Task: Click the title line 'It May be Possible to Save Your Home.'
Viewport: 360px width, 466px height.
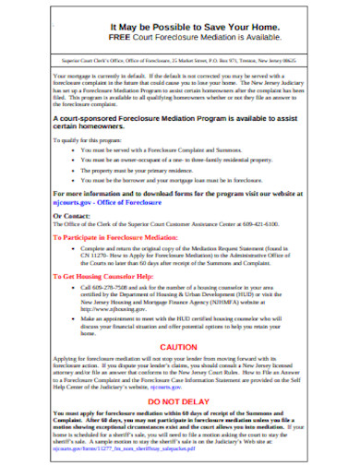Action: [x=181, y=29]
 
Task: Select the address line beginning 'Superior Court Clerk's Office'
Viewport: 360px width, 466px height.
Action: [x=180, y=56]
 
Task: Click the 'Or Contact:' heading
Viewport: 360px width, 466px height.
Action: [x=73, y=215]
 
